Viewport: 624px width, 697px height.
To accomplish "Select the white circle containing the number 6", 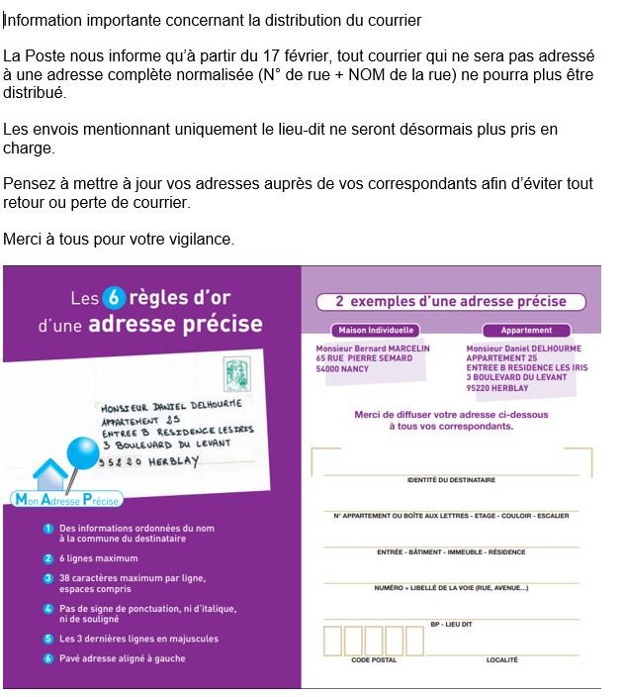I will tap(112, 297).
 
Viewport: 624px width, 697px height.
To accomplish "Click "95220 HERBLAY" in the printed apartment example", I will tap(503, 387).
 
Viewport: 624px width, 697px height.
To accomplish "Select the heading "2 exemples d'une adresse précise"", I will tap(451, 301).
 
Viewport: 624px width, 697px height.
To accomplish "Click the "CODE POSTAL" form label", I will tap(375, 659).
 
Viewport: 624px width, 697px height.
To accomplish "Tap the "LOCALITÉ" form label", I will tap(501, 659).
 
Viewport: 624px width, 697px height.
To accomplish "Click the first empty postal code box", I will tap(332, 641).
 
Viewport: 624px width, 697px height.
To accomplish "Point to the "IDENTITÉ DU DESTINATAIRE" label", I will tap(451, 480).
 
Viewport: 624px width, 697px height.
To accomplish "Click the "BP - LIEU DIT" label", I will tap(451, 624).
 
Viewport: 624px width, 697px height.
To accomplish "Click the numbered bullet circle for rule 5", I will tap(47, 639).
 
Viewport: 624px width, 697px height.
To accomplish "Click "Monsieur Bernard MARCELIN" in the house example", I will tap(373, 348).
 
